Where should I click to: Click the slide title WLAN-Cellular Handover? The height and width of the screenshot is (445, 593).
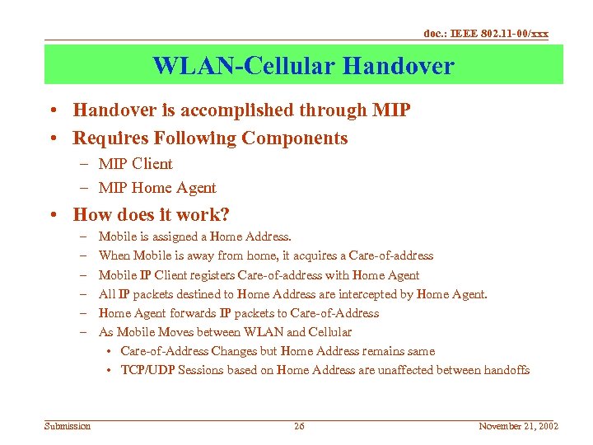coord(303,65)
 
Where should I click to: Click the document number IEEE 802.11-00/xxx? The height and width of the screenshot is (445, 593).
coord(486,34)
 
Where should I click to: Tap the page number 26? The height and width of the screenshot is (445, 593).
coord(299,426)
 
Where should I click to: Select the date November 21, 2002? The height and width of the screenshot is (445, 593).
coord(518,426)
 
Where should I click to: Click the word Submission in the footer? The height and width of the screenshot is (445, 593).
coord(68,426)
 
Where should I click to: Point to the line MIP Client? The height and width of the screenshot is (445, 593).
coord(135,164)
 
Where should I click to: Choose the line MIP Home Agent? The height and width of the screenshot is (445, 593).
coord(156,188)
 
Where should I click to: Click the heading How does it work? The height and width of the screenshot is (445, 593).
coord(151,215)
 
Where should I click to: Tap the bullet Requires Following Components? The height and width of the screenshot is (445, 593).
coord(210,138)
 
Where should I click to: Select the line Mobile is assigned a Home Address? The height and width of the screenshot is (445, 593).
coord(194,237)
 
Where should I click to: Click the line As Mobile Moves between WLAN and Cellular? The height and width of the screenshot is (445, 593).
coord(225,332)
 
